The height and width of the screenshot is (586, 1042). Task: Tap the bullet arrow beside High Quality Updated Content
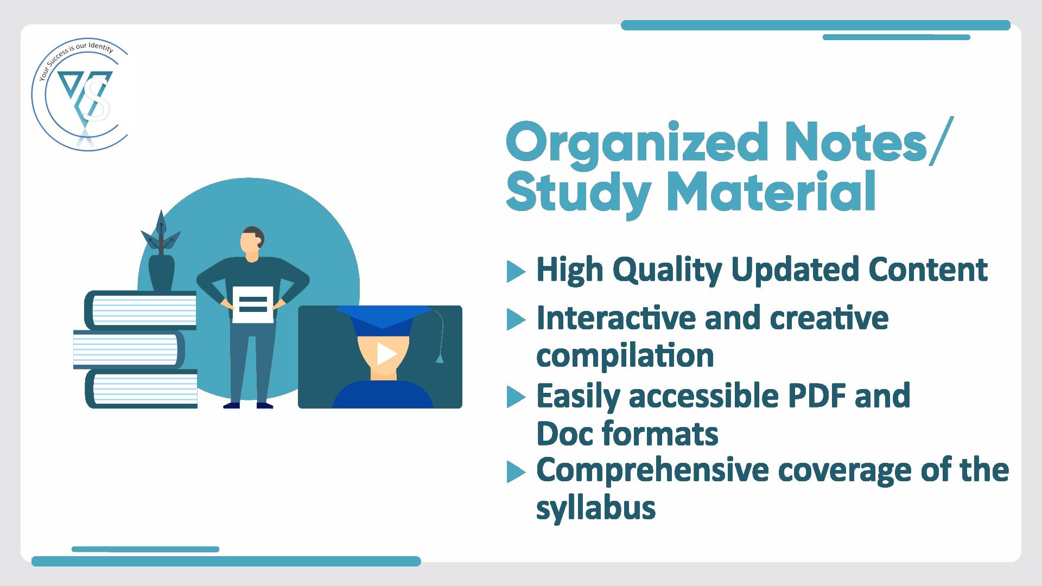tap(516, 272)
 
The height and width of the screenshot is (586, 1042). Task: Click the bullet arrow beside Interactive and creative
tap(516, 320)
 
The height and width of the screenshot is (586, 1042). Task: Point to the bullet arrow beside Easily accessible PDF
tap(516, 397)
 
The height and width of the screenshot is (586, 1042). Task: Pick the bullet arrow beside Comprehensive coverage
tap(516, 472)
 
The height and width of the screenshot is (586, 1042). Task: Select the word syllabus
tap(596, 508)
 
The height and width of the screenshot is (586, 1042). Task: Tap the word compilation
tap(625, 356)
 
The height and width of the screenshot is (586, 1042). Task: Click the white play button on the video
tap(386, 354)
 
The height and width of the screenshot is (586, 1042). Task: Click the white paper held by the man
tap(253, 304)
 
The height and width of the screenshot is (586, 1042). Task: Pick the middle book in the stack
tap(129, 349)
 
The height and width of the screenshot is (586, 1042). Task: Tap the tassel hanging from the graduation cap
tap(440, 358)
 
